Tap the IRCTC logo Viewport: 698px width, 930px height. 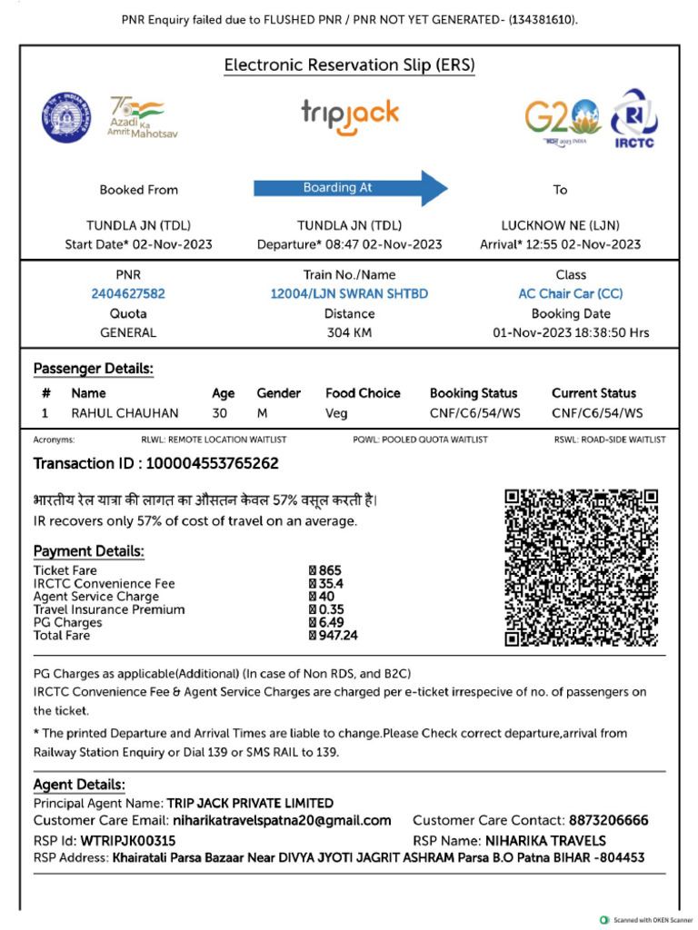tap(634, 118)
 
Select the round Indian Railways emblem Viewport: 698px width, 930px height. tap(65, 116)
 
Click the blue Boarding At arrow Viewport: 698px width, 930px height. tap(350, 188)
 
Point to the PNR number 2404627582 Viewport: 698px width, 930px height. tap(128, 293)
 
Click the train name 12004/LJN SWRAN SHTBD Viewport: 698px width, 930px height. tap(349, 293)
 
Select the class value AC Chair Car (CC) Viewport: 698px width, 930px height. tap(570, 293)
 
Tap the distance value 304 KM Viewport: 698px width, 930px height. tap(349, 332)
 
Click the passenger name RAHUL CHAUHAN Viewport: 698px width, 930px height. tap(125, 413)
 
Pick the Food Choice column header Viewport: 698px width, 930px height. tap(363, 393)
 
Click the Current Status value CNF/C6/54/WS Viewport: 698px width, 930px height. tap(596, 413)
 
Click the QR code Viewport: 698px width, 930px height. tap(581, 567)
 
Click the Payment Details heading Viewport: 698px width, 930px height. tap(89, 551)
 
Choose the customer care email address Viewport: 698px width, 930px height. tap(282, 820)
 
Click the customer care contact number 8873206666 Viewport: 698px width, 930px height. tap(608, 820)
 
